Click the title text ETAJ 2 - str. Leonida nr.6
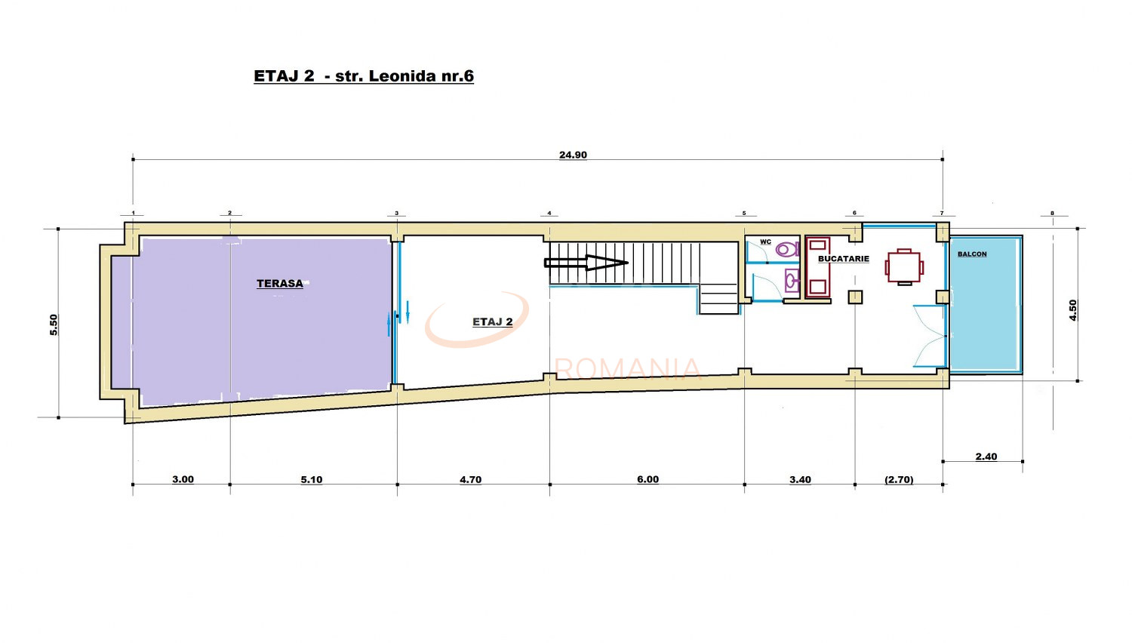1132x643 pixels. [x=364, y=76]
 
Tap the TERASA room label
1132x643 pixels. [x=280, y=284]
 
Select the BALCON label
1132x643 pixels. [x=972, y=254]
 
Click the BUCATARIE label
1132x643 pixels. [x=844, y=259]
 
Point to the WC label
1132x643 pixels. [x=765, y=242]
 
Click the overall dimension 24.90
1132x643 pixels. [x=573, y=155]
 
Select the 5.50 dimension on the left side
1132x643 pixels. [x=54, y=325]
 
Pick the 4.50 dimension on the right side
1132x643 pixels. [x=1073, y=310]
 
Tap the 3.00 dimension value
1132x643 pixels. [x=183, y=479]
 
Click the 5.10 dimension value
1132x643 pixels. [x=312, y=479]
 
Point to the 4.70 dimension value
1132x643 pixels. [x=470, y=479]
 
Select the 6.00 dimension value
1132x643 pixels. [x=648, y=479]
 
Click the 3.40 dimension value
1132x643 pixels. [x=800, y=479]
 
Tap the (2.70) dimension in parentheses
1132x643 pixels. [x=899, y=479]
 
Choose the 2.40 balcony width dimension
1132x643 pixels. [x=986, y=457]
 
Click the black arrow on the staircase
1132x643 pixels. [x=586, y=263]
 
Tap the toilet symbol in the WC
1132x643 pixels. [x=787, y=248]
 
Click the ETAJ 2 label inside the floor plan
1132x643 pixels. [x=493, y=322]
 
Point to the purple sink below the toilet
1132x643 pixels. [x=792, y=281]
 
